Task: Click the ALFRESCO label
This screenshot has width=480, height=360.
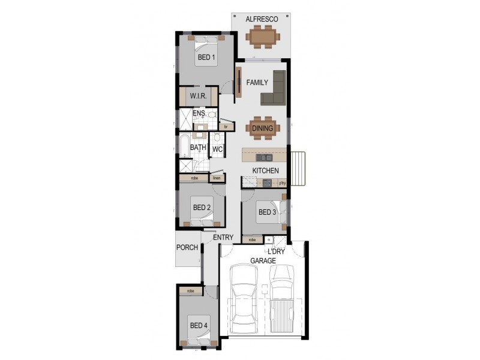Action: tap(262, 20)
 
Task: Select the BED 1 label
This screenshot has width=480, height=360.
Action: tap(206, 58)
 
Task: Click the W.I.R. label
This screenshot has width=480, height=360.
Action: tap(199, 97)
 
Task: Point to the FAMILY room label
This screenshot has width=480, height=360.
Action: tap(257, 83)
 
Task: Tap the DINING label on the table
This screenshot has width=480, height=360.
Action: tap(262, 128)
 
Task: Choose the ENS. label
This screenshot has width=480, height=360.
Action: tap(199, 113)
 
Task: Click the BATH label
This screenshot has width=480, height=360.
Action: tap(198, 147)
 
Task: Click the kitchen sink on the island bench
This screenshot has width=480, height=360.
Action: tap(264, 157)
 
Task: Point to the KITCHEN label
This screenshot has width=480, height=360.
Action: tap(265, 171)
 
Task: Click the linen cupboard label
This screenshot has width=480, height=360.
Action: tap(217, 178)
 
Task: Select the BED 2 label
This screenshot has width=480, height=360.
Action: tap(202, 208)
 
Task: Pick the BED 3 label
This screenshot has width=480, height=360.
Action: tap(268, 212)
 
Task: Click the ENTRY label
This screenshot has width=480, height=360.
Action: tap(223, 238)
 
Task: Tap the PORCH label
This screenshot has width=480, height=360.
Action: tap(187, 247)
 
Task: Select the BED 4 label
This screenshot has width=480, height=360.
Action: tap(199, 326)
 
